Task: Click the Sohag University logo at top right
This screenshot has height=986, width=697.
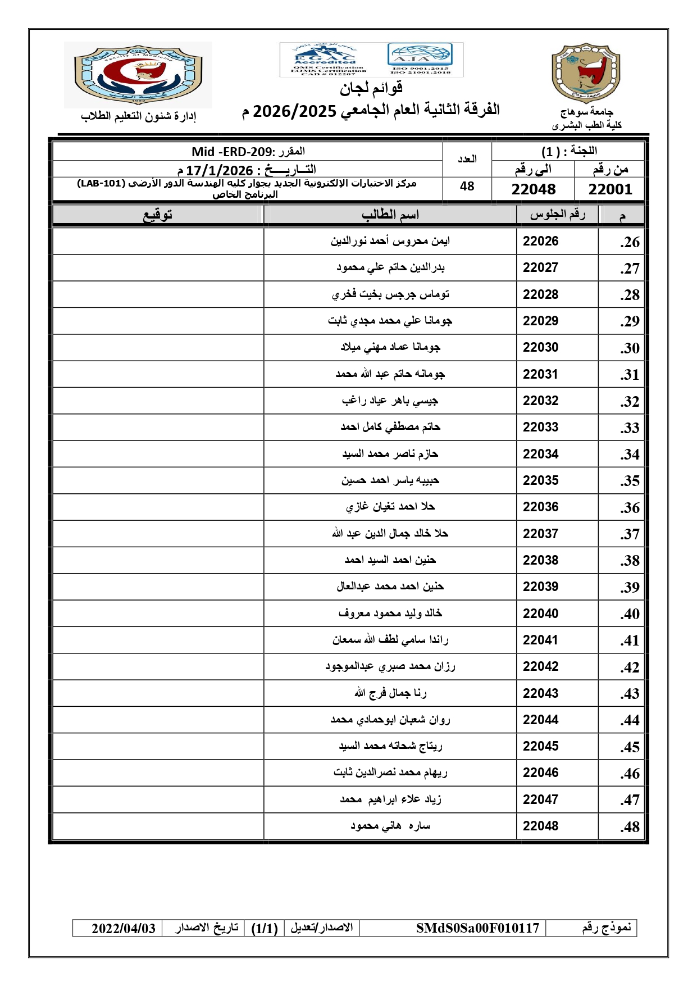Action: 586,73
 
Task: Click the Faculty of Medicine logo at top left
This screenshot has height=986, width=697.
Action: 138,75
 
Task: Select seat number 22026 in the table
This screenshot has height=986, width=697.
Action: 540,242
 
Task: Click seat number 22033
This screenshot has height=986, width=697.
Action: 540,428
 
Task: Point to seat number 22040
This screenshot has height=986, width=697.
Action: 540,614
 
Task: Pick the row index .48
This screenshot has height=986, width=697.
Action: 630,827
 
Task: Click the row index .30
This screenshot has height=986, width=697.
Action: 630,348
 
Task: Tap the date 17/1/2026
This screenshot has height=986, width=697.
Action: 219,170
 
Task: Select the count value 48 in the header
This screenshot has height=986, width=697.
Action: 467,187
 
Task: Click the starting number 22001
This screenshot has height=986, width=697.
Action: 610,189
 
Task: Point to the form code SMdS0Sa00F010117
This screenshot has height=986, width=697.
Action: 477,928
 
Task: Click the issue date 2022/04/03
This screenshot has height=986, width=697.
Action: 123,928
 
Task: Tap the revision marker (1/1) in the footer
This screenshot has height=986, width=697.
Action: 265,928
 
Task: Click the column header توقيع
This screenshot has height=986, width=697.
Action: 158,215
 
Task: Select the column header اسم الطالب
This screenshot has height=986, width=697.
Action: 390,215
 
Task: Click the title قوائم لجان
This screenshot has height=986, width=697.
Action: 371,88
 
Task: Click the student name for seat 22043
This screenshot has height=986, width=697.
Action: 390,693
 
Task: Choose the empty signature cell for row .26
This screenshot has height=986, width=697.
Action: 158,242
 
